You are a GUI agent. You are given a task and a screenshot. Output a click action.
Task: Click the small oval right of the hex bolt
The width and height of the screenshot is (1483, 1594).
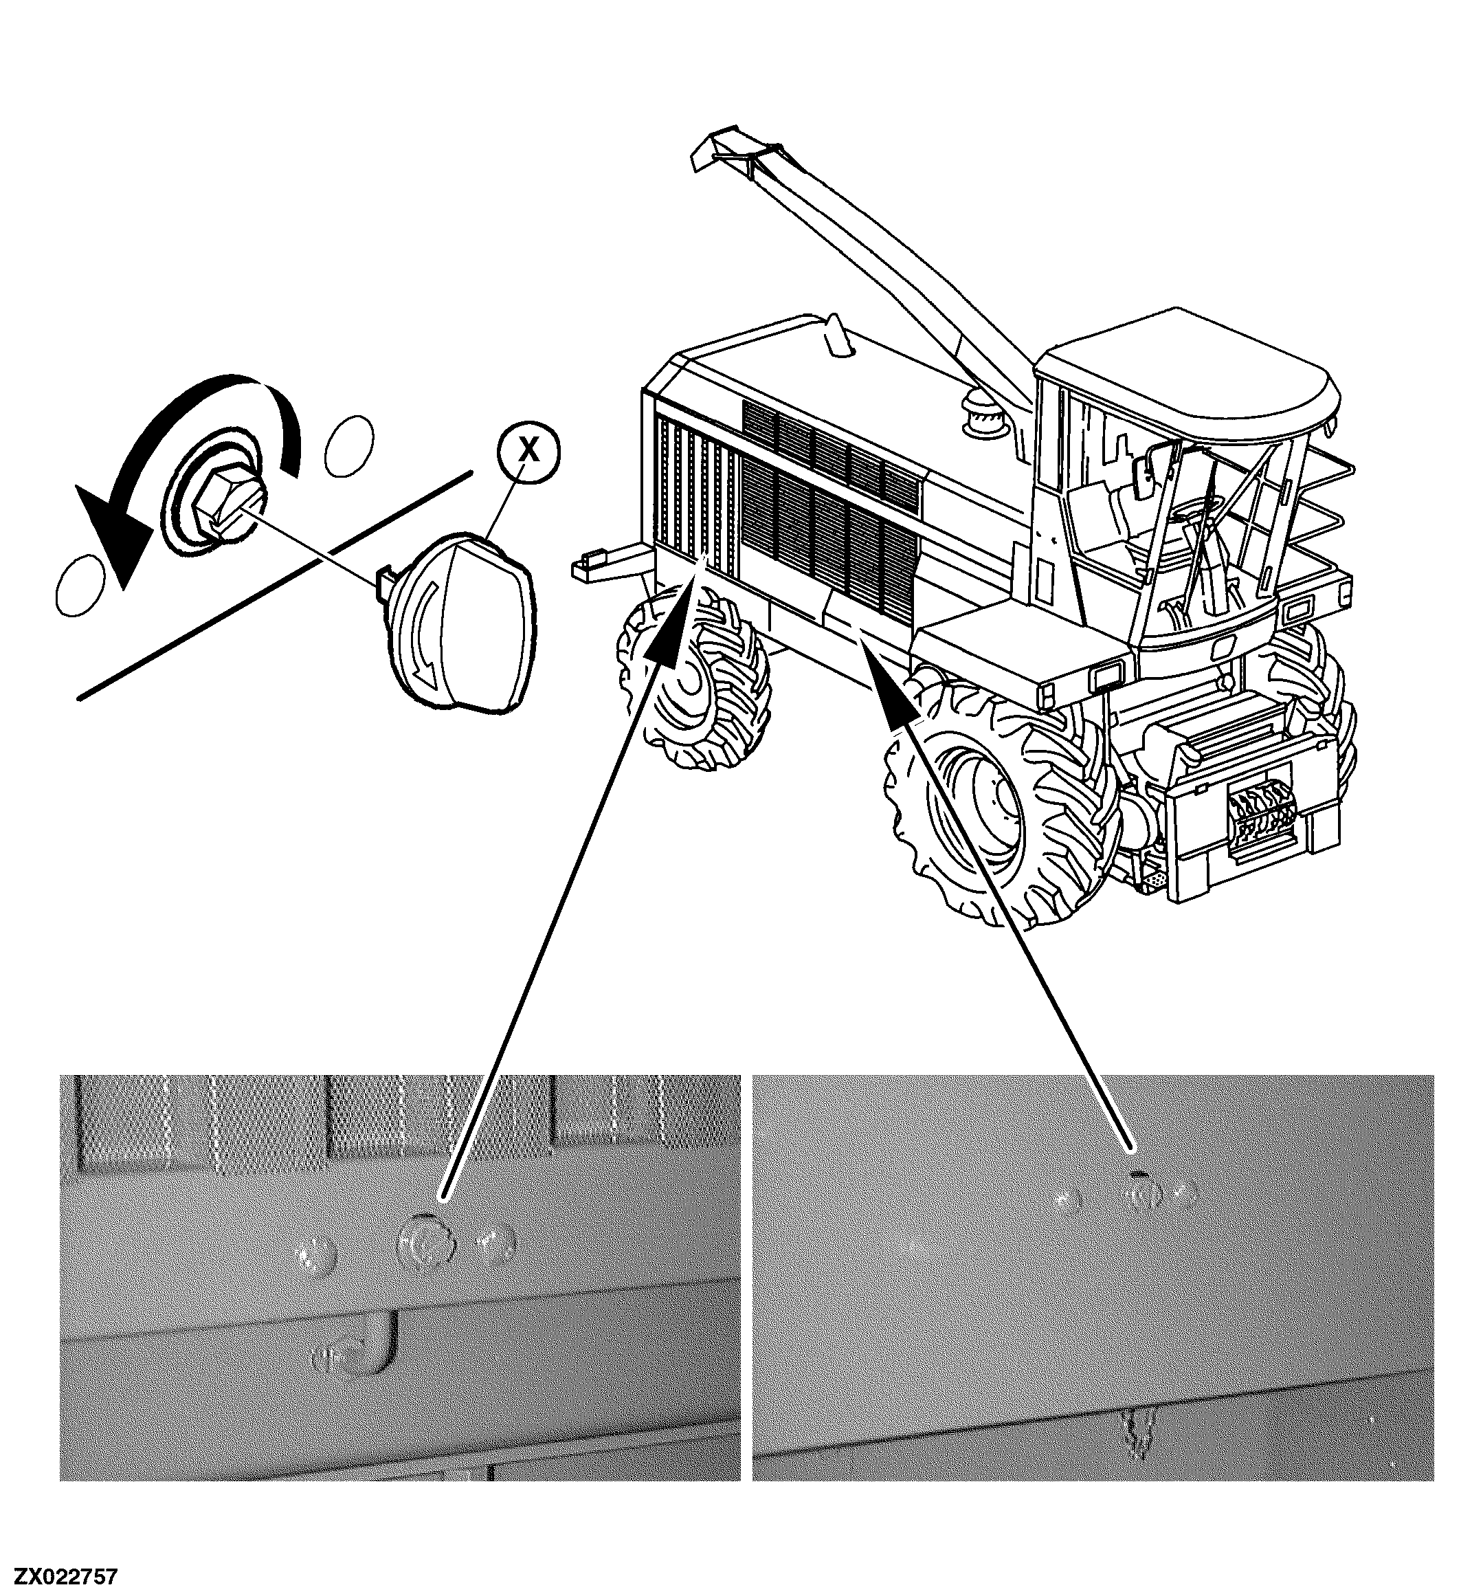348,445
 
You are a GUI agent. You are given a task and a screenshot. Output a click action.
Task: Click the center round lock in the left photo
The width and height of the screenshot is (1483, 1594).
425,1242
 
